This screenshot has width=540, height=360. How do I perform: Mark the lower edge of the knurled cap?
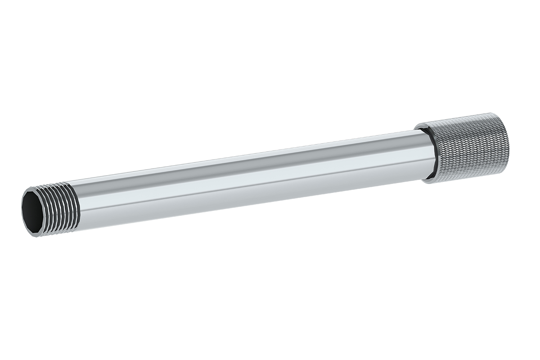coord(468,178)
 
